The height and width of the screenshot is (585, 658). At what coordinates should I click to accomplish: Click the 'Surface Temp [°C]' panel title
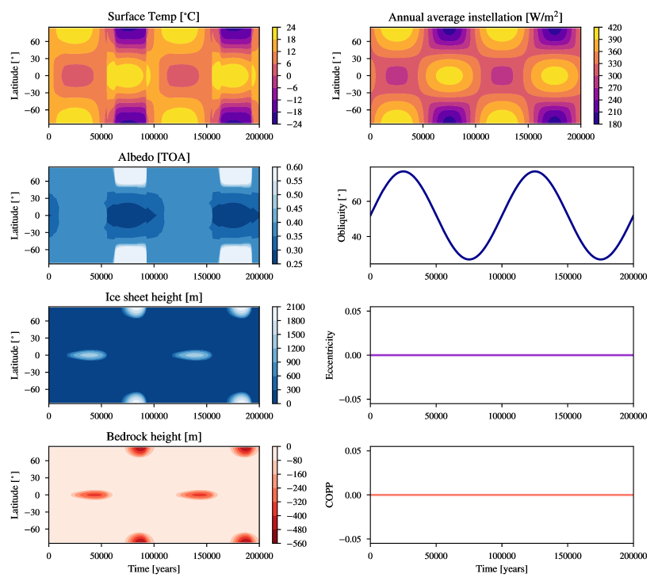click(154, 17)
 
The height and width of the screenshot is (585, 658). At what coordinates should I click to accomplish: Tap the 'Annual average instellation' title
click(475, 17)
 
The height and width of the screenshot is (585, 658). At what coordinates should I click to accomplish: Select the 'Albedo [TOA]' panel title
click(154, 157)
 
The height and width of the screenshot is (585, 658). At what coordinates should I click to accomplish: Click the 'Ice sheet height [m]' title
click(154, 296)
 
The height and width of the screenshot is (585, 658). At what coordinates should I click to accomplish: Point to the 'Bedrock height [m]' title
click(154, 437)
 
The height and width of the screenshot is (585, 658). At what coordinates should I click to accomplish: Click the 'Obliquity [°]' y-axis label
click(342, 216)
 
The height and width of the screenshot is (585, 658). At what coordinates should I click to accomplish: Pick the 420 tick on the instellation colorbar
click(616, 27)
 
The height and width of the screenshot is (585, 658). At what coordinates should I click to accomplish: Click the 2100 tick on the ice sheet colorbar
click(297, 307)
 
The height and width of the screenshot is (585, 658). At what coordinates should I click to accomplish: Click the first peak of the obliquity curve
click(404, 171)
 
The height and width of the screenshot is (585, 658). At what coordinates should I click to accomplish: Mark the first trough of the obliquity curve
click(469, 259)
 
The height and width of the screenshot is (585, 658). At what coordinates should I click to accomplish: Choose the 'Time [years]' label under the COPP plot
click(501, 569)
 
